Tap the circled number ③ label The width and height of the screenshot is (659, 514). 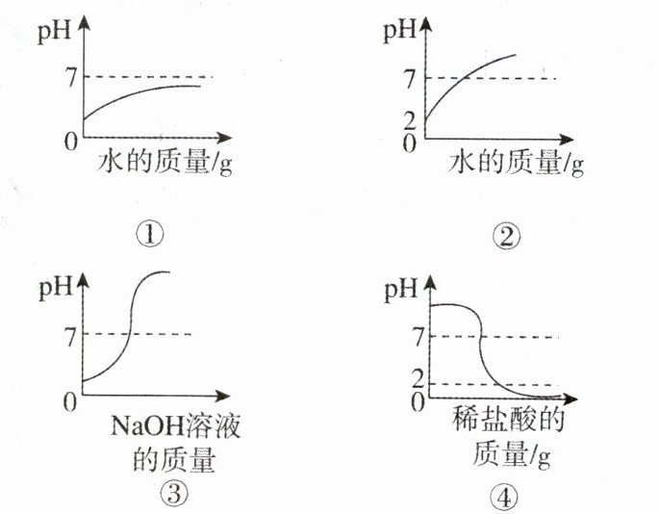[x=172, y=495]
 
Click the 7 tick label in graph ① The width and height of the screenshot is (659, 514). [x=70, y=77]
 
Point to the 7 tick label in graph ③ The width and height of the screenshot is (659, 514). [x=70, y=335]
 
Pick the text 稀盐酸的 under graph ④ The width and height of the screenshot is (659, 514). [x=506, y=421]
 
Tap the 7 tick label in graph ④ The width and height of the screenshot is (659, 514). [x=417, y=338]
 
